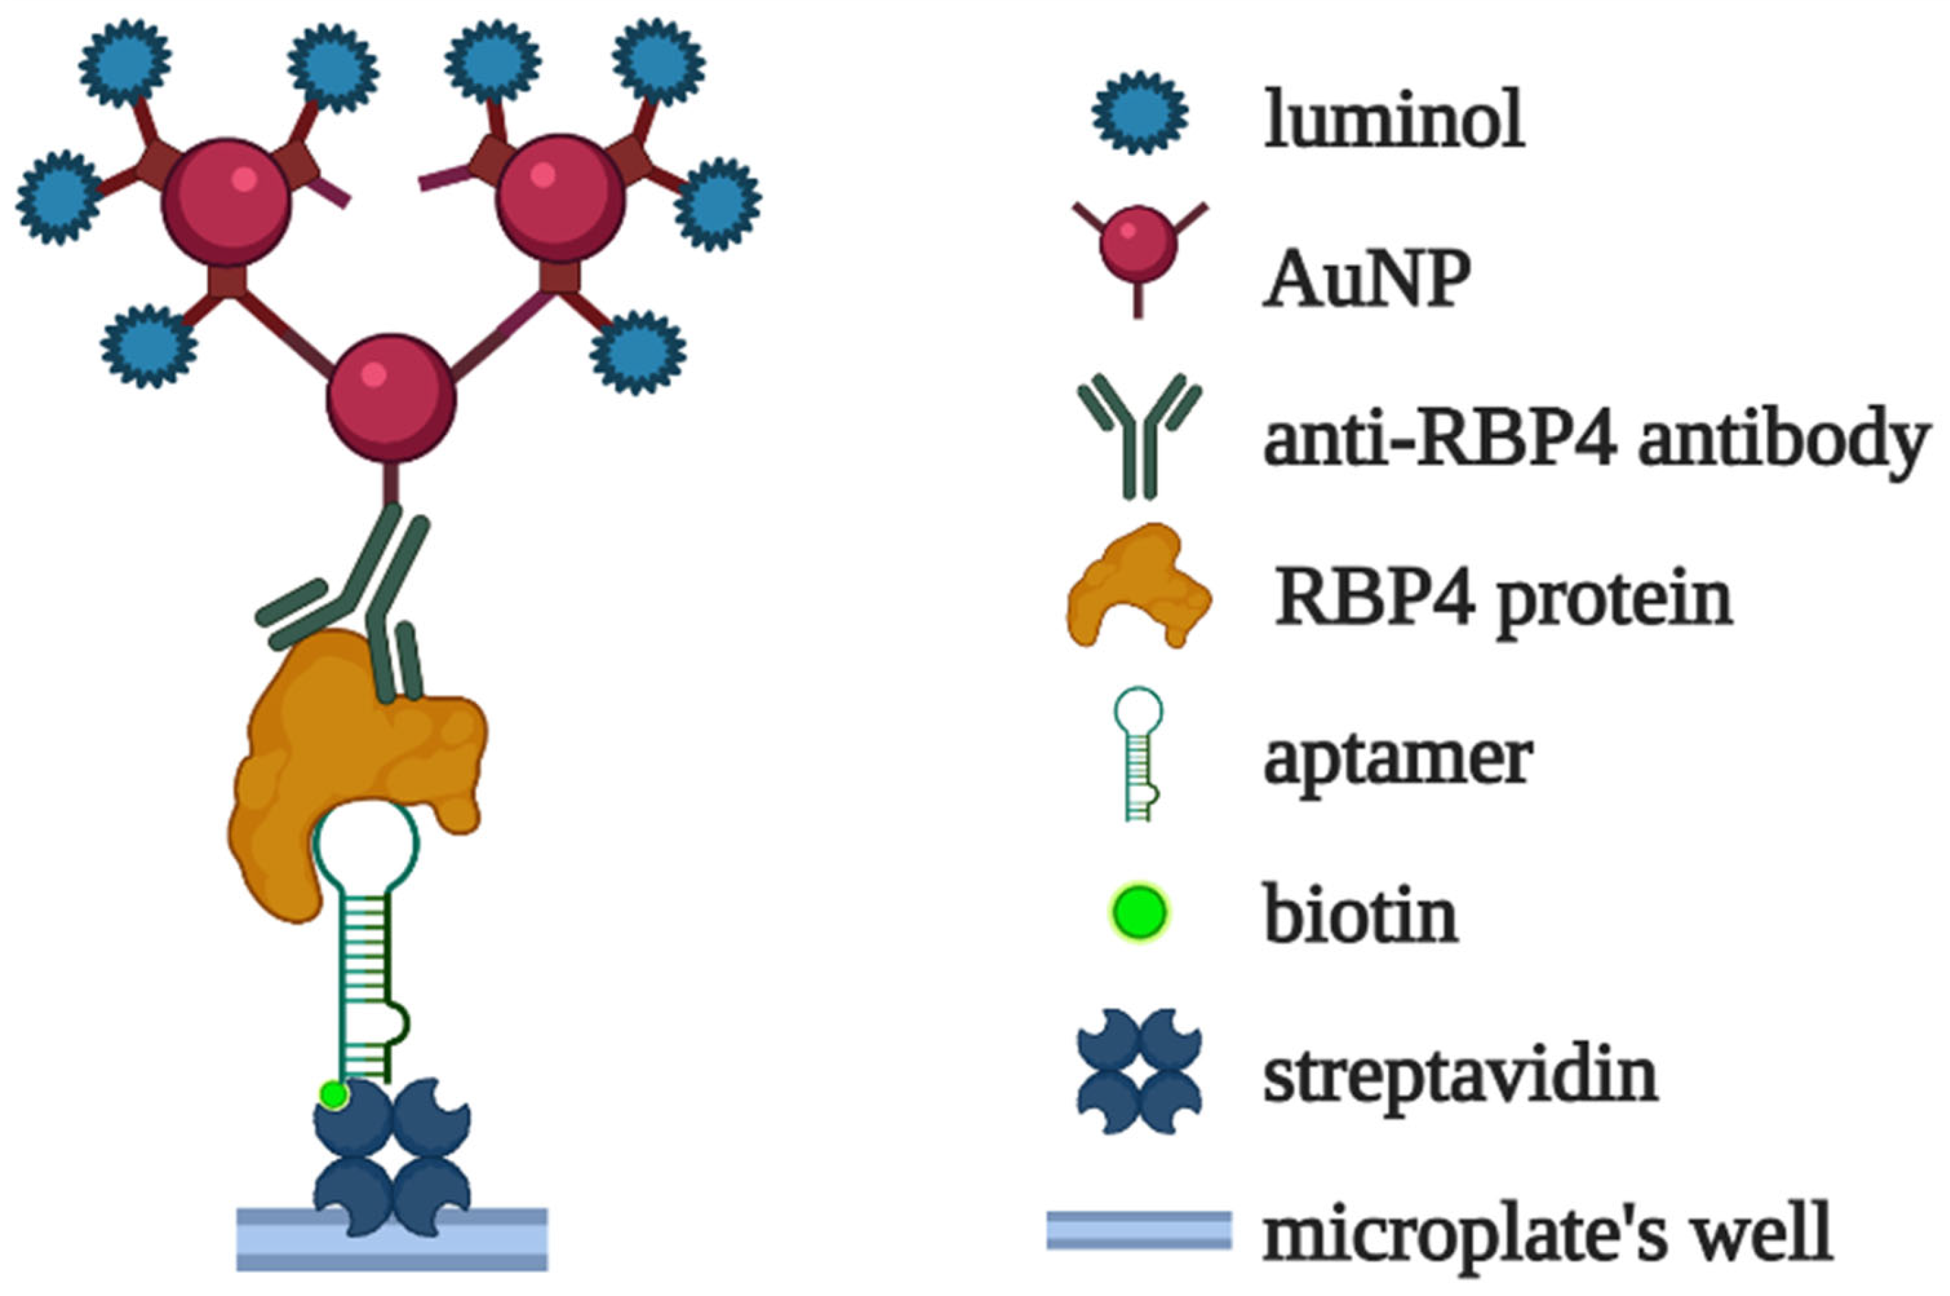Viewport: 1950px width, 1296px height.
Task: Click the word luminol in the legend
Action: click(x=1394, y=121)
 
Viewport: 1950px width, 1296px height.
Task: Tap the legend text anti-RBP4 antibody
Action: click(x=1595, y=441)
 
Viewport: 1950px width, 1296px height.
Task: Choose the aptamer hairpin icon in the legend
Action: click(x=1139, y=752)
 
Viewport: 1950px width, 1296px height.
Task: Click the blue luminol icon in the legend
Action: click(x=1140, y=113)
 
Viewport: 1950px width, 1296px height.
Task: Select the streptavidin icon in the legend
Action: click(x=1139, y=1072)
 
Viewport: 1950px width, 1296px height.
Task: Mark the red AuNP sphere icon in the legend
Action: click(x=1138, y=246)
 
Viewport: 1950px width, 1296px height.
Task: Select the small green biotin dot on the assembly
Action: click(x=333, y=1094)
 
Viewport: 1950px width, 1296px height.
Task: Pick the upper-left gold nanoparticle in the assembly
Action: click(x=226, y=203)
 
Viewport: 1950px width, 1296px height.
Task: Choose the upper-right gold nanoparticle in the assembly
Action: click(x=561, y=198)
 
